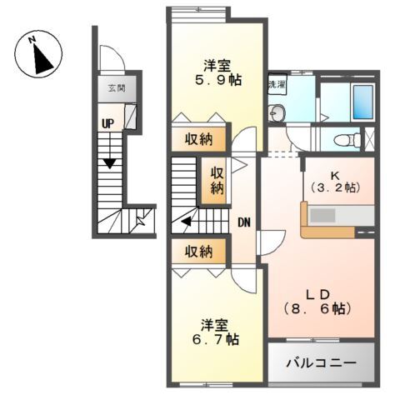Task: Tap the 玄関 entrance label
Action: point(113,87)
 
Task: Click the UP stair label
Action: point(107,123)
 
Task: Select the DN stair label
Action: point(244,222)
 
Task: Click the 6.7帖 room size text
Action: point(214,339)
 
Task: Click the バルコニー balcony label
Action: point(322,363)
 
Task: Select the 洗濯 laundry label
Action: point(276,85)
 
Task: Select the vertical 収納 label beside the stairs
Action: point(217,181)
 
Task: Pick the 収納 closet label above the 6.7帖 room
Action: point(197,250)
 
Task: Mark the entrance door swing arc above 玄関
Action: point(110,58)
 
